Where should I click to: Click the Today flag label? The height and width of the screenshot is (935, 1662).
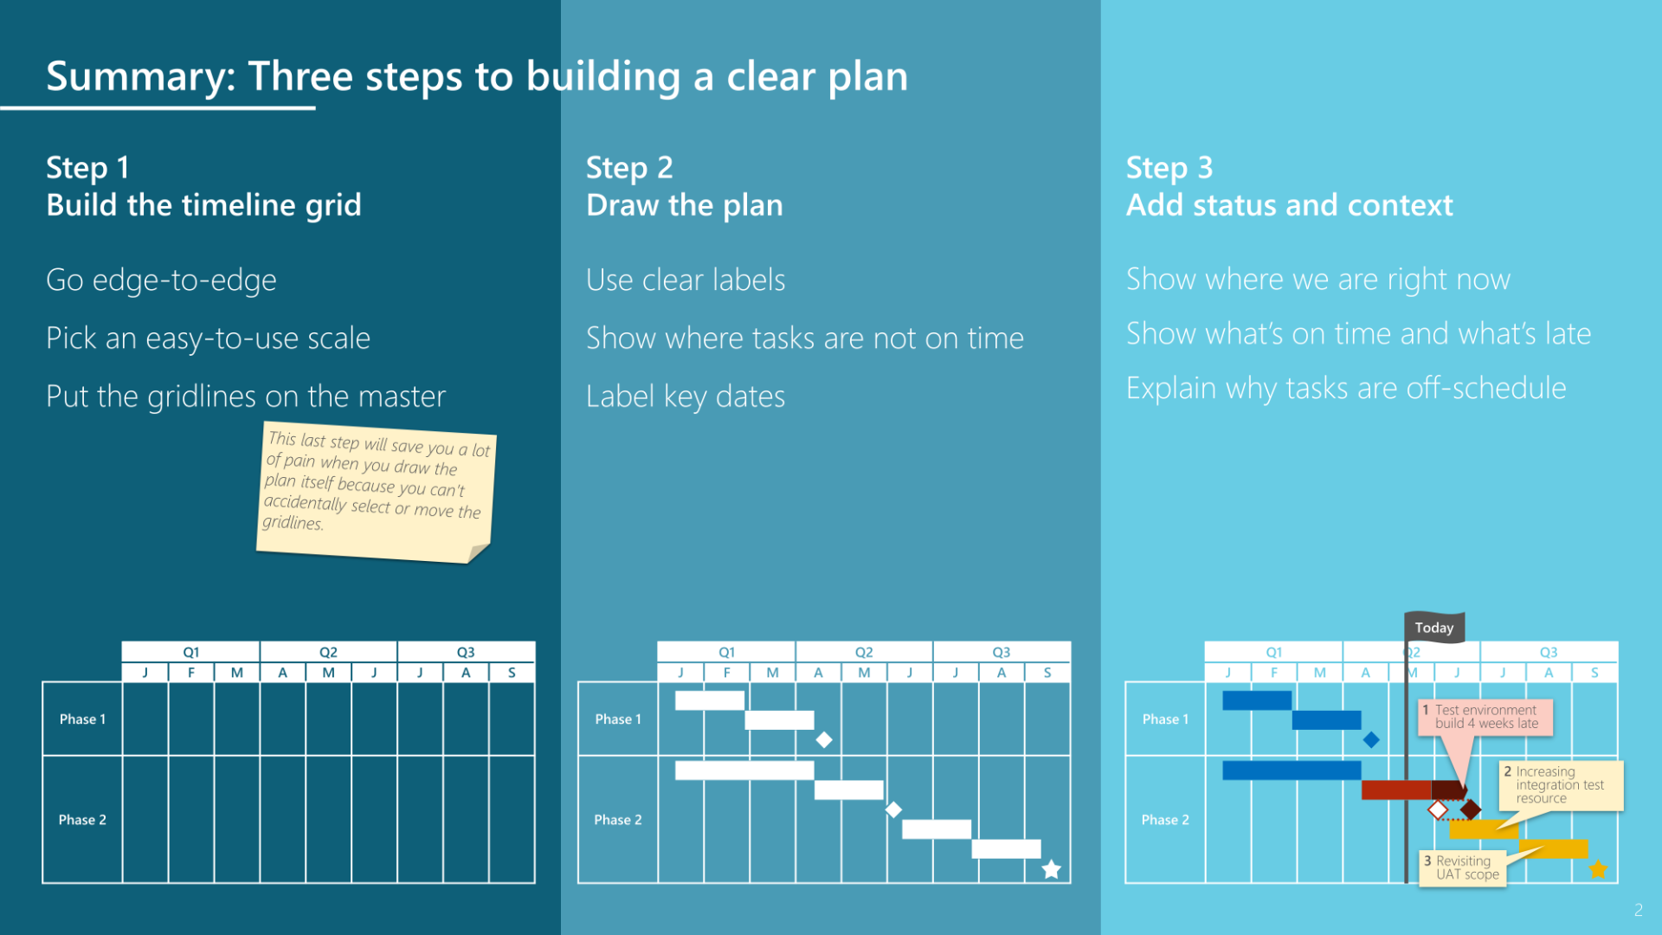[x=1433, y=628]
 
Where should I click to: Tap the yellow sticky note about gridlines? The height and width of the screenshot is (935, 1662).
[x=377, y=494]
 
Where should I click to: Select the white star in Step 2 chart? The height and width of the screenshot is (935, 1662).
[x=1051, y=869]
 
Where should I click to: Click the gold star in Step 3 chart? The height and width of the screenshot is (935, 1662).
[x=1598, y=869]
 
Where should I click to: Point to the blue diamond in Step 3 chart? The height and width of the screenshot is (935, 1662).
[x=1371, y=739]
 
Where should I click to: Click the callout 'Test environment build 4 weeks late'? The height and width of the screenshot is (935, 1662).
[x=1485, y=717]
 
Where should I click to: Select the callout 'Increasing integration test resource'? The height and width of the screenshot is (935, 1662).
[x=1560, y=784]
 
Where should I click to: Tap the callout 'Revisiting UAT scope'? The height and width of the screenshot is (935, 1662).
[x=1463, y=867]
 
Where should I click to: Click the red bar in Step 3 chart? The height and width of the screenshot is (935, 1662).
[x=1395, y=790]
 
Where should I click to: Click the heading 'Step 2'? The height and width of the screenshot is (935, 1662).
[x=629, y=167]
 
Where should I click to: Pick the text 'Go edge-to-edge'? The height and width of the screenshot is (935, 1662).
[x=161, y=280]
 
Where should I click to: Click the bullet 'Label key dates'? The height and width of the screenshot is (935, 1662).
[x=685, y=396]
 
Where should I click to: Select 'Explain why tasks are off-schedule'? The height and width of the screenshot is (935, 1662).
[x=1345, y=388]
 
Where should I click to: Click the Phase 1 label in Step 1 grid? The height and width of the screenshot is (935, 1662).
[x=82, y=719]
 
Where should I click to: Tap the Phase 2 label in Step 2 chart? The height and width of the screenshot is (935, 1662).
[x=617, y=819]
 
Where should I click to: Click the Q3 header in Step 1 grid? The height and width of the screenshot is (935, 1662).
[x=466, y=652]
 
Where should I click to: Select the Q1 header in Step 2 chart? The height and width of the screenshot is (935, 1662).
[x=726, y=652]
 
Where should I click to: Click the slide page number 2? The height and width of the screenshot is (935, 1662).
[x=1638, y=910]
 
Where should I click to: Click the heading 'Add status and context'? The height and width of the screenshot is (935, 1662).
[x=1289, y=205]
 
